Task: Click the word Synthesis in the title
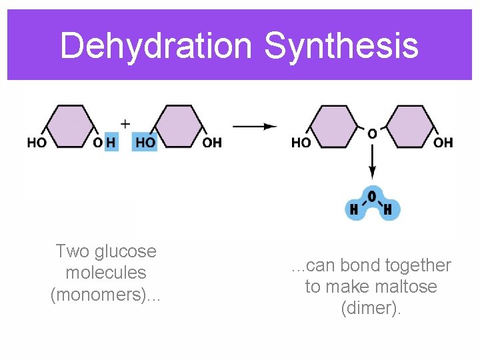(341, 46)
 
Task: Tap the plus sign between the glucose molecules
(125, 124)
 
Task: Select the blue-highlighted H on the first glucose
(111, 142)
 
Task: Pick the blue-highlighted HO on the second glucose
(145, 142)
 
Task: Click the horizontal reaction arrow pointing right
(255, 125)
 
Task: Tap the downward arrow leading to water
(372, 161)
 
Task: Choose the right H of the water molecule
(388, 210)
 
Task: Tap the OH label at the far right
(443, 143)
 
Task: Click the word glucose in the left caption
(125, 251)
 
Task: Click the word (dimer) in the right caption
(371, 308)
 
